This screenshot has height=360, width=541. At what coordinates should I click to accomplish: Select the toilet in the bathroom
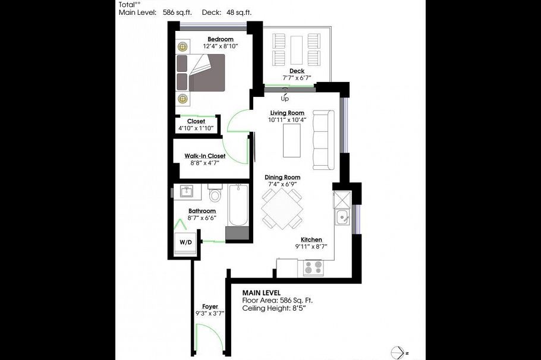tap(215, 195)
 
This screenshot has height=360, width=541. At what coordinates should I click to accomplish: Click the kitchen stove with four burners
tap(313, 268)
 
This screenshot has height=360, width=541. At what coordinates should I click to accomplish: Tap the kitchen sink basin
tap(342, 218)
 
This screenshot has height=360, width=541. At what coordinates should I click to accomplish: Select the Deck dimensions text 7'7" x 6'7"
tap(297, 78)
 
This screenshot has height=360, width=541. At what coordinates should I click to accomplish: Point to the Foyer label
tap(210, 307)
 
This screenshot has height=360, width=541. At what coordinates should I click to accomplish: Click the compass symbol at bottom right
tap(397, 352)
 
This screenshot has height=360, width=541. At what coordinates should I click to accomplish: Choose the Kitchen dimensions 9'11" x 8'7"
tap(311, 247)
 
